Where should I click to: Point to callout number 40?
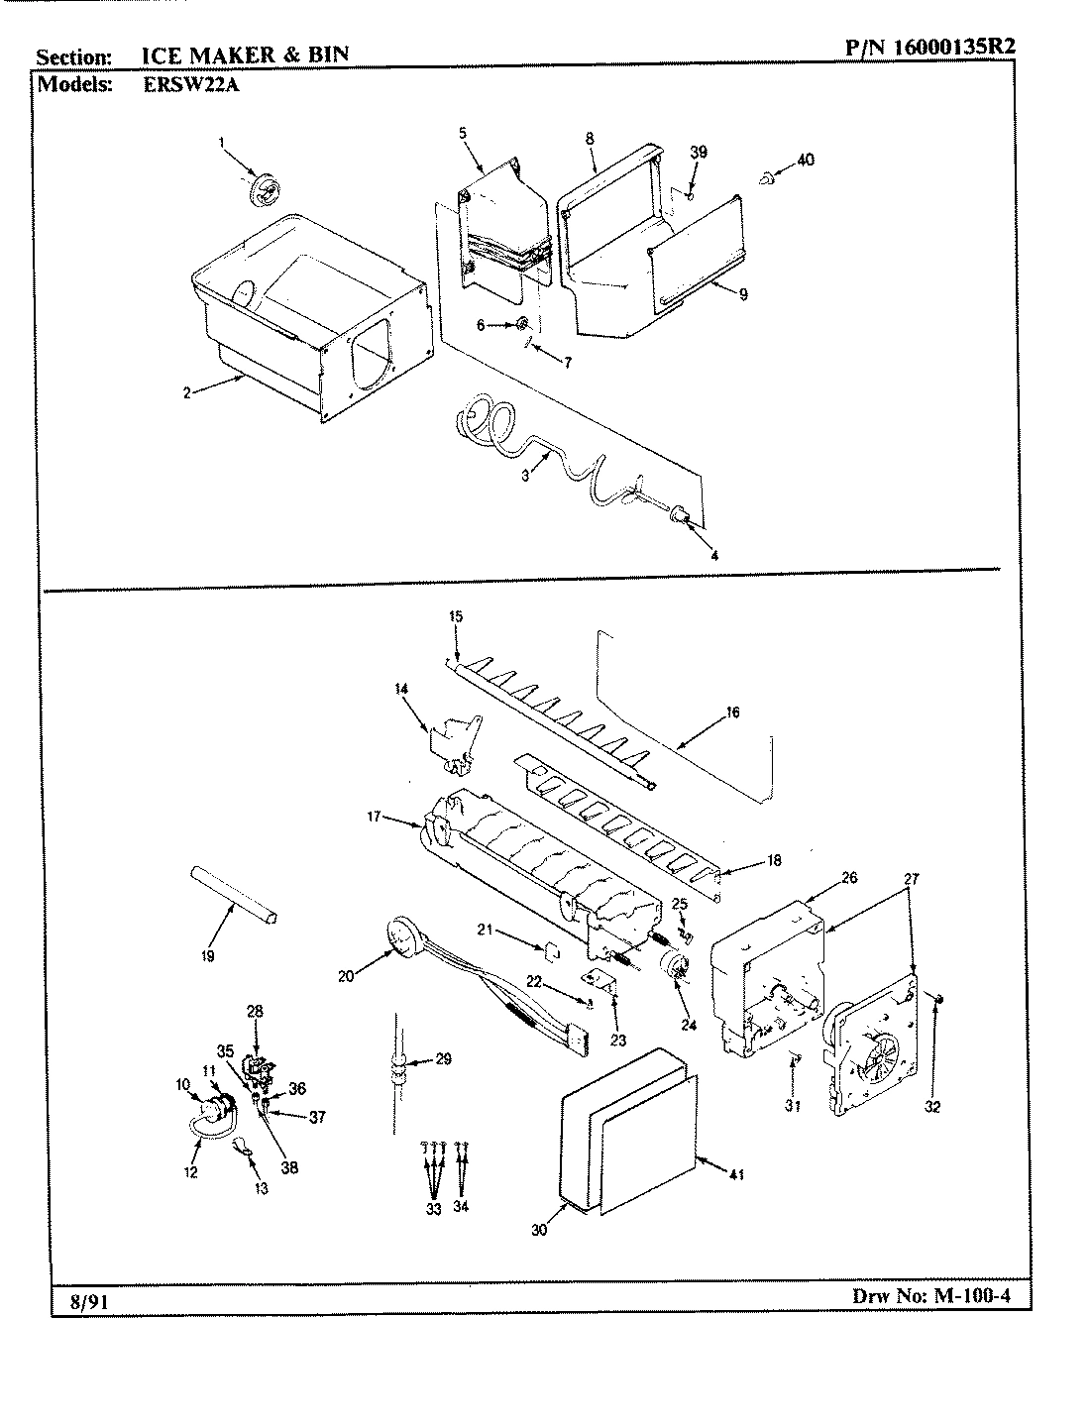[806, 160]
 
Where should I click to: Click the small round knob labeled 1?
[263, 188]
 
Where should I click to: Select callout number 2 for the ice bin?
[186, 392]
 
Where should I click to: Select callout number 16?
[733, 712]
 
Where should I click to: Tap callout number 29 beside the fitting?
[442, 1059]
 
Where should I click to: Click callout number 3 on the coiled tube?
[525, 476]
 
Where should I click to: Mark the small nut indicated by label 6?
[519, 324]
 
